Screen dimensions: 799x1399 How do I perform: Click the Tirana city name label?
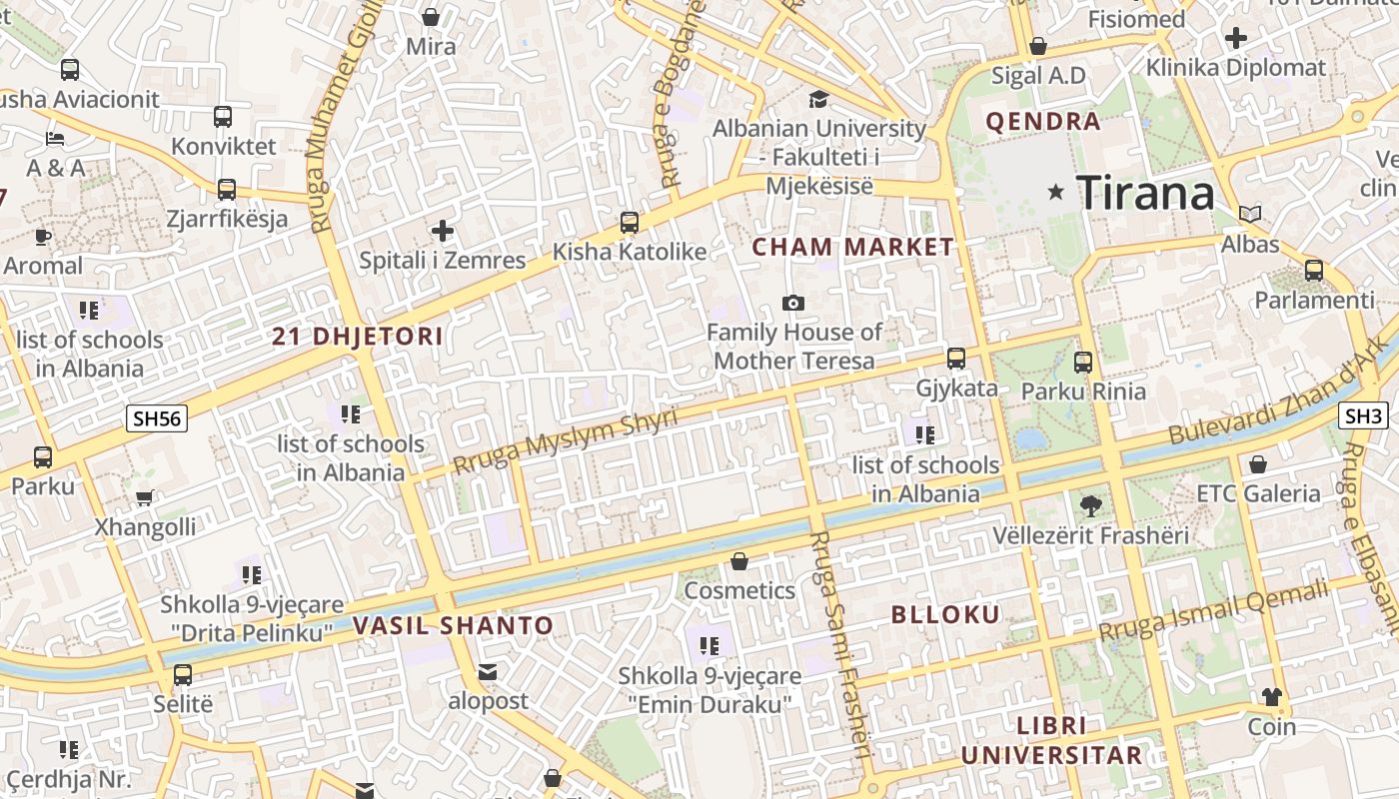[x=1145, y=192]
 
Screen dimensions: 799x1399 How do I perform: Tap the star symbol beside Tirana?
[x=1055, y=192]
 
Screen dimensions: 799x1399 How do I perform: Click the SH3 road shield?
[x=1363, y=415]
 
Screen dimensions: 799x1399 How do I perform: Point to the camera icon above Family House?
[x=793, y=303]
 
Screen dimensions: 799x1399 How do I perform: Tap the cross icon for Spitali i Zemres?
[x=443, y=231]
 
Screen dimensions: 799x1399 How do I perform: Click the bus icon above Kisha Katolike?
[x=630, y=222]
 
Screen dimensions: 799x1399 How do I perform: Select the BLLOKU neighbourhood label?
[x=945, y=615]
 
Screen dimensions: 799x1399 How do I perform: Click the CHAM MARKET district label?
[x=852, y=247]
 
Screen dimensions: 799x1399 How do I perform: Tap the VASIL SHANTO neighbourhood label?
[x=453, y=626]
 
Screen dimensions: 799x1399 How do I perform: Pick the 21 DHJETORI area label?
[x=357, y=337]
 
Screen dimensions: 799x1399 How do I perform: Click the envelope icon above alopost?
[x=487, y=672]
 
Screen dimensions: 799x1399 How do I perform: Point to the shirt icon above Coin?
[x=1272, y=696]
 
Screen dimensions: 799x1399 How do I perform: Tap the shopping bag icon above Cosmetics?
[x=739, y=561]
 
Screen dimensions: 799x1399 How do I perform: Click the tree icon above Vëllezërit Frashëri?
[x=1090, y=506]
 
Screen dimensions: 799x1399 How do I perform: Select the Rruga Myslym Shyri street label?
[x=565, y=440]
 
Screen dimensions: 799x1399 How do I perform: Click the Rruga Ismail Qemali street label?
[x=1214, y=610]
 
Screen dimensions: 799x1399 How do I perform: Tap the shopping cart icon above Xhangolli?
[x=145, y=497]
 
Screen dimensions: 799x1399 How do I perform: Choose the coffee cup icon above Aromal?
[x=42, y=237]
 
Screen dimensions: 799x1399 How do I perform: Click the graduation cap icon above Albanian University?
[x=818, y=99]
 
